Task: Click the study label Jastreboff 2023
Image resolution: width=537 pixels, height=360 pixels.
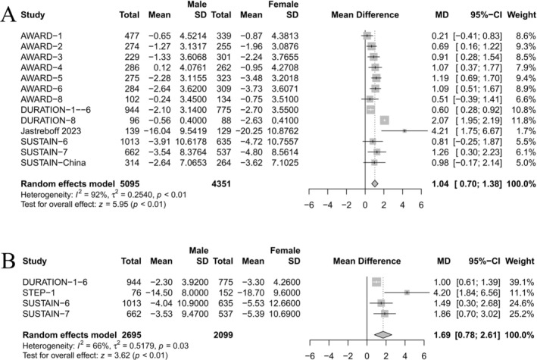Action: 51,131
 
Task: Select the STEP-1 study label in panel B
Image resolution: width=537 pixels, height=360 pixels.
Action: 39,293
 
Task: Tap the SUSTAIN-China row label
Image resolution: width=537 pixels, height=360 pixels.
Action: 53,162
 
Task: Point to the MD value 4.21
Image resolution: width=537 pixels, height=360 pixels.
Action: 440,131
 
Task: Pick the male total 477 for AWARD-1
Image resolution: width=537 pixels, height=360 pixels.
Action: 132,36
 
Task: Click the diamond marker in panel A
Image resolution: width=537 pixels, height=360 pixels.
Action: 375,183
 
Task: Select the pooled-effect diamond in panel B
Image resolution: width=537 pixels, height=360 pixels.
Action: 383,335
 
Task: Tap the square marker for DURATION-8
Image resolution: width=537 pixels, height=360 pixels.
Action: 385,121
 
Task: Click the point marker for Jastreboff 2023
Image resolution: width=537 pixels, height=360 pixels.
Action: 404,131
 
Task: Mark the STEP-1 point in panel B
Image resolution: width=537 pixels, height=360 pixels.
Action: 407,293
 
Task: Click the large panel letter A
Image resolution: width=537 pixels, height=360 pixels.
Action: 8,14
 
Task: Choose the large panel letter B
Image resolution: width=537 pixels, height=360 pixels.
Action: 8,261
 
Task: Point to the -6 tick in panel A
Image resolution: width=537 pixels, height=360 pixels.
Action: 309,205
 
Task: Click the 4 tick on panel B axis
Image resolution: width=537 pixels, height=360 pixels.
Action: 405,356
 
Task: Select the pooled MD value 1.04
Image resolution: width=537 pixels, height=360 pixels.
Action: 440,183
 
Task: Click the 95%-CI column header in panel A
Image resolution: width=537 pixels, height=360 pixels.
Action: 486,14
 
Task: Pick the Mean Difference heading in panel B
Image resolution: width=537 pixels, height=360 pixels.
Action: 367,261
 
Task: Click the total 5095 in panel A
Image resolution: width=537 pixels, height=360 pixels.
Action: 130,183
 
